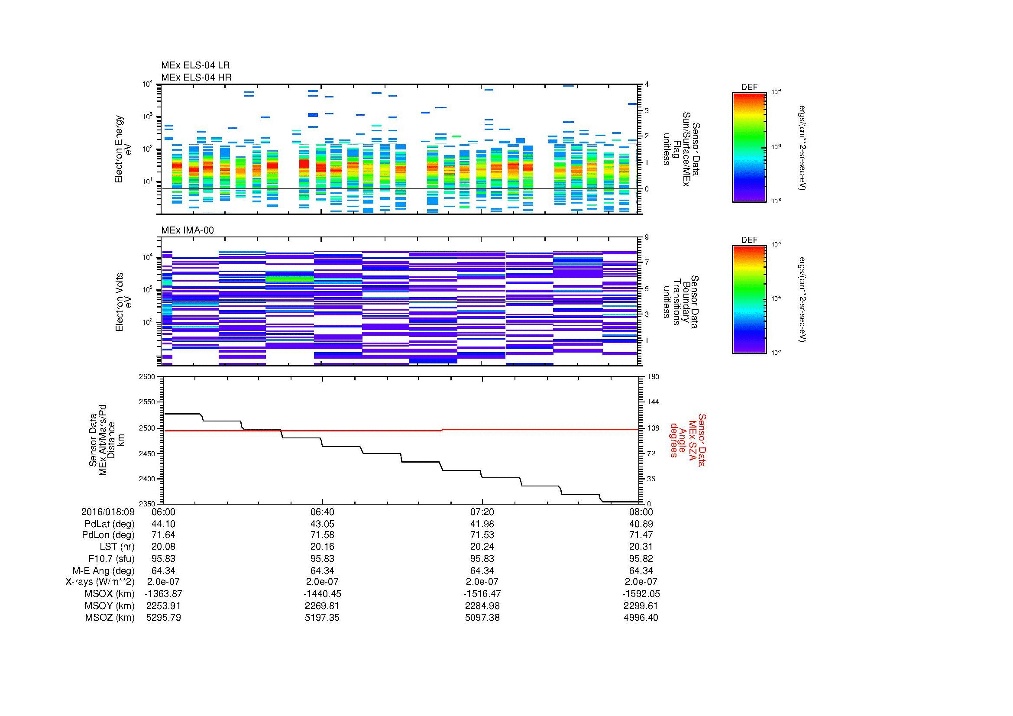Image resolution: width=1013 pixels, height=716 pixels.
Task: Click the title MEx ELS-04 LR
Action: (x=195, y=66)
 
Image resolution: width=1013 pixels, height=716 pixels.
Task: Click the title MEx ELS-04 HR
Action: (x=196, y=77)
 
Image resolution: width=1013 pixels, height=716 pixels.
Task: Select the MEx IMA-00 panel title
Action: (x=187, y=230)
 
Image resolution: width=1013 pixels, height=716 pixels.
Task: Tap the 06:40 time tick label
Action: (x=322, y=512)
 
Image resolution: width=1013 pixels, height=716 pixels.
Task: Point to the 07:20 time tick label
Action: (x=482, y=512)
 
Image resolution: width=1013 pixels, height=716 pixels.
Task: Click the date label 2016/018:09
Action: (x=108, y=512)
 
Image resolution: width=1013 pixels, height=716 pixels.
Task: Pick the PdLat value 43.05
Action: (x=322, y=524)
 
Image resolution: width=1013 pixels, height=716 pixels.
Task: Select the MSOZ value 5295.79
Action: (x=163, y=618)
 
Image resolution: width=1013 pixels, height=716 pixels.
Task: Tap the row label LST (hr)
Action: (x=117, y=547)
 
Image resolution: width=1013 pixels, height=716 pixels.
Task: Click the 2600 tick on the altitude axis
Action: (x=147, y=377)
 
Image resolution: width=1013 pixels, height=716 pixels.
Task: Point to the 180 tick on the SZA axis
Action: (x=653, y=377)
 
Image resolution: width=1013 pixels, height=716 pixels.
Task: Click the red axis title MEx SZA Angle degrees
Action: (x=688, y=440)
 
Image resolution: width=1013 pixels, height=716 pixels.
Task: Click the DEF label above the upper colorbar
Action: (x=749, y=87)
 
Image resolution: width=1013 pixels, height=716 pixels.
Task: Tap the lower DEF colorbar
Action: (x=749, y=300)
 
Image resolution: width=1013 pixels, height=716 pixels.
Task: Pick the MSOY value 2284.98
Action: (x=482, y=606)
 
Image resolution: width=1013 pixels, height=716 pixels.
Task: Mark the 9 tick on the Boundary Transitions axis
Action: (x=647, y=237)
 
